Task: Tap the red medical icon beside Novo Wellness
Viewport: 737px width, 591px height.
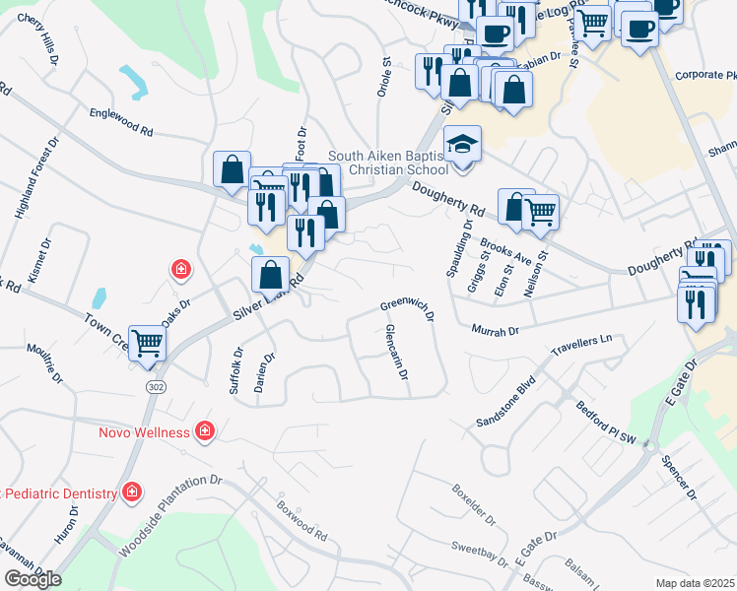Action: click(204, 430)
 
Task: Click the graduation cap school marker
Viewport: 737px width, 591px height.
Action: click(462, 145)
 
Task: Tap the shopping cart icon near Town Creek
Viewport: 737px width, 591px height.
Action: click(148, 344)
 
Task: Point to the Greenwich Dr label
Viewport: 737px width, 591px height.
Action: click(408, 310)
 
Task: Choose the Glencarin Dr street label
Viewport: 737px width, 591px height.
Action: click(397, 354)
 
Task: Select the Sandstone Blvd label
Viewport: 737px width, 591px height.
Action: click(508, 399)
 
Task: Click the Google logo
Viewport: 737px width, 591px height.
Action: click(33, 579)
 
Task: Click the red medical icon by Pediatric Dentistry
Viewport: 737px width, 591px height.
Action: click(132, 492)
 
